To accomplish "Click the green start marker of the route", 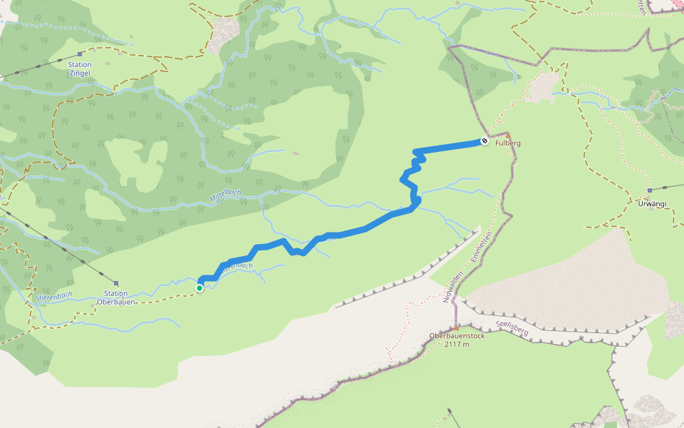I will (199, 287).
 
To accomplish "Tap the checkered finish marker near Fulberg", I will (484, 141).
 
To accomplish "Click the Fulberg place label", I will (509, 143).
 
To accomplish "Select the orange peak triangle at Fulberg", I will (508, 135).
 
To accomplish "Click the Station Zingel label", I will (80, 68).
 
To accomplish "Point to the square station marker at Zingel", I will (80, 54).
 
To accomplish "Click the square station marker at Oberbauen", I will (115, 283).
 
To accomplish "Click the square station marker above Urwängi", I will (650, 190).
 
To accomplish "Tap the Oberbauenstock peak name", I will (457, 336).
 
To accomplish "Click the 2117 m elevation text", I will (457, 345).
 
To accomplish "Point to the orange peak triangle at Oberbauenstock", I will (457, 328).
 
